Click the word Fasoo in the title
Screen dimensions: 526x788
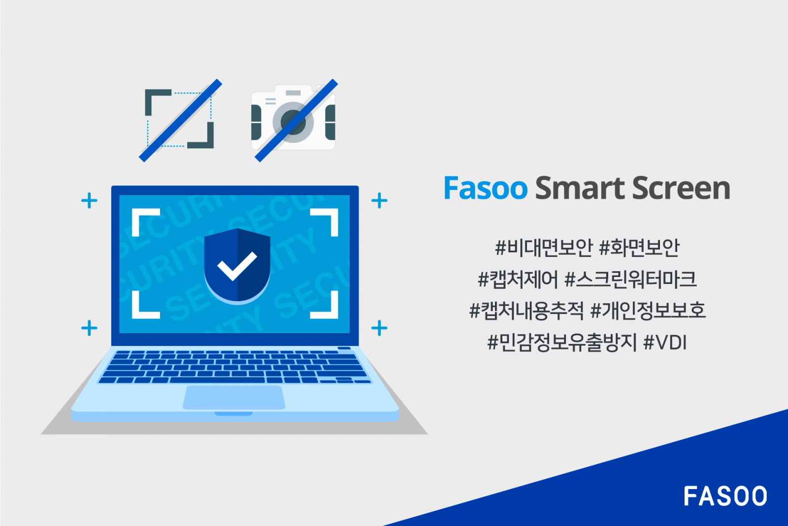pos(485,188)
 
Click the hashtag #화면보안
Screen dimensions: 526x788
pos(639,247)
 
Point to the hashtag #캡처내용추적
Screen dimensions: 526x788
pos(526,311)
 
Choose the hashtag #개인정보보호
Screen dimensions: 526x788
pos(648,311)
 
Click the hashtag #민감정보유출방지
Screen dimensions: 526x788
pos(562,342)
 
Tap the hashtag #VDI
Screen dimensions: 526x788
pos(665,342)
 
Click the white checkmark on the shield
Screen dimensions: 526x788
pos(237,266)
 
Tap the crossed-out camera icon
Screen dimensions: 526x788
pos(294,120)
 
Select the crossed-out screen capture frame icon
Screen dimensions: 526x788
pos(180,120)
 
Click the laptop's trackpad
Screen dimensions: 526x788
pos(234,397)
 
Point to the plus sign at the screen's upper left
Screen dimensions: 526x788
pos(89,201)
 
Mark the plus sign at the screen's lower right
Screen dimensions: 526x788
pos(379,328)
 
